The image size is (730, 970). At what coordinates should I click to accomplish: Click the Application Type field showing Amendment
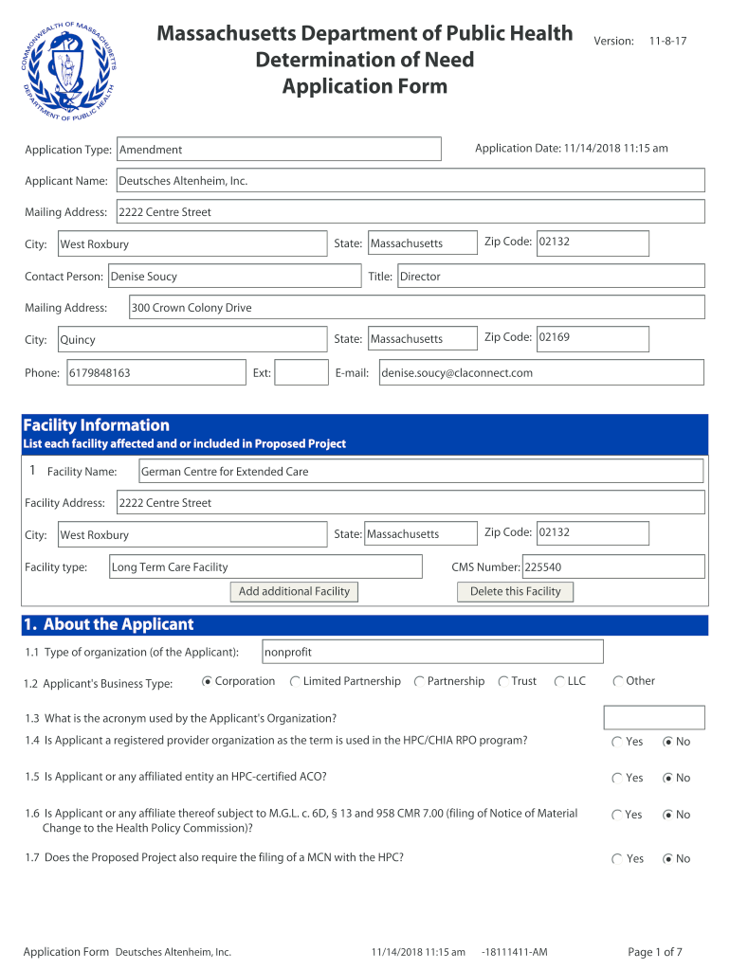coord(278,150)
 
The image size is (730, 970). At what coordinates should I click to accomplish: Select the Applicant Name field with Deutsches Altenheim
coord(410,181)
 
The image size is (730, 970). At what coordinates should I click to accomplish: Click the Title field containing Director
coord(550,277)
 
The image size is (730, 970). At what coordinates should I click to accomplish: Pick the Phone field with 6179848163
coord(155,373)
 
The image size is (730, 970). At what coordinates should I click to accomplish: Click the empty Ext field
coord(301,373)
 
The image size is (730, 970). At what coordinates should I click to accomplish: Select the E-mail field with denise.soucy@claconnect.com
coord(540,373)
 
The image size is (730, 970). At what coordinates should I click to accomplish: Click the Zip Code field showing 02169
coord(593,338)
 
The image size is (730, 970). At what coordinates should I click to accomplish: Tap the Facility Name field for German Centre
coord(421,471)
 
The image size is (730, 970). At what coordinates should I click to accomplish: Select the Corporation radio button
coord(208,681)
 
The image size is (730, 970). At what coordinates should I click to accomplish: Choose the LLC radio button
coord(560,681)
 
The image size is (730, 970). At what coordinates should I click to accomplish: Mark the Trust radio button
coord(503,681)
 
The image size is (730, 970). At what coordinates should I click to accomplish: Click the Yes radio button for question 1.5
coord(617,778)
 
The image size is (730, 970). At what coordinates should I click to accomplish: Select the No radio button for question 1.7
coord(668,859)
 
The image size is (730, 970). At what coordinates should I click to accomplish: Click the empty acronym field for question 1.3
coord(654,717)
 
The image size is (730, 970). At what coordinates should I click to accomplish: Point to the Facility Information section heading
coord(96,425)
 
